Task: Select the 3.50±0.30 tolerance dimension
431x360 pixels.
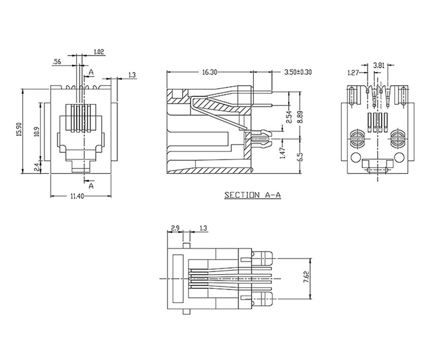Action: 298,72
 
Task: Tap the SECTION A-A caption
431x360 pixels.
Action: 252,195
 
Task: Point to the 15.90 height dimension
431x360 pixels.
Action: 19,130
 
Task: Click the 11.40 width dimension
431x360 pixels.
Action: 77,196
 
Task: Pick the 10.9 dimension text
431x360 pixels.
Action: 37,132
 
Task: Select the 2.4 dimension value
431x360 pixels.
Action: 37,167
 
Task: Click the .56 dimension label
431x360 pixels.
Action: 57,62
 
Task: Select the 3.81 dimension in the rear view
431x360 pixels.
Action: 379,66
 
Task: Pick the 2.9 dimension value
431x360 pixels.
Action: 175,228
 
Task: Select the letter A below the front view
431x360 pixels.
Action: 91,186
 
